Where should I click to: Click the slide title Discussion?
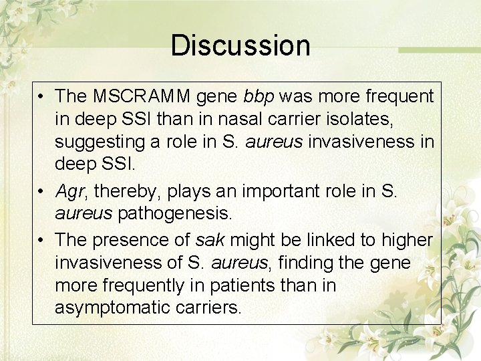pyautogui.click(x=240, y=45)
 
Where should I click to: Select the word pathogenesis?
pyautogui.click(x=174, y=215)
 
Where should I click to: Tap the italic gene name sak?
pyautogui.click(x=208, y=239)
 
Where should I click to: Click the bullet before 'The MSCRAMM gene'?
pyautogui.click(x=41, y=97)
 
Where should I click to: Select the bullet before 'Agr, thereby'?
pyautogui.click(x=41, y=192)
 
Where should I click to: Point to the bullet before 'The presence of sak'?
pyautogui.click(x=41, y=239)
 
